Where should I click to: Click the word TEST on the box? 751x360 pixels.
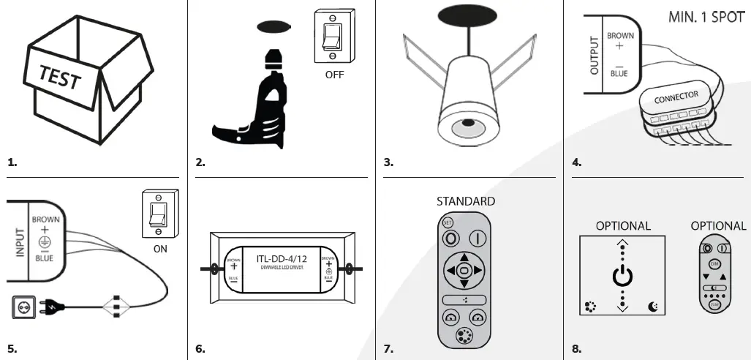coord(60,75)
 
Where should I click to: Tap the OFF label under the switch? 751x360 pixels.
coord(333,74)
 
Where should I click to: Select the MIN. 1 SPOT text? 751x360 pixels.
coord(706,16)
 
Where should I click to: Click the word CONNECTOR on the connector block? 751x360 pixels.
coord(676,97)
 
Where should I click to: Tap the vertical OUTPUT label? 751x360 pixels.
coord(594,56)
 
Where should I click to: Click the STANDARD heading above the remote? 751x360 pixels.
coord(465,201)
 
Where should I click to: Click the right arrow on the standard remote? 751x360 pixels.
coord(479,271)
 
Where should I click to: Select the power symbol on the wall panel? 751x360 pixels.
coord(622,276)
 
